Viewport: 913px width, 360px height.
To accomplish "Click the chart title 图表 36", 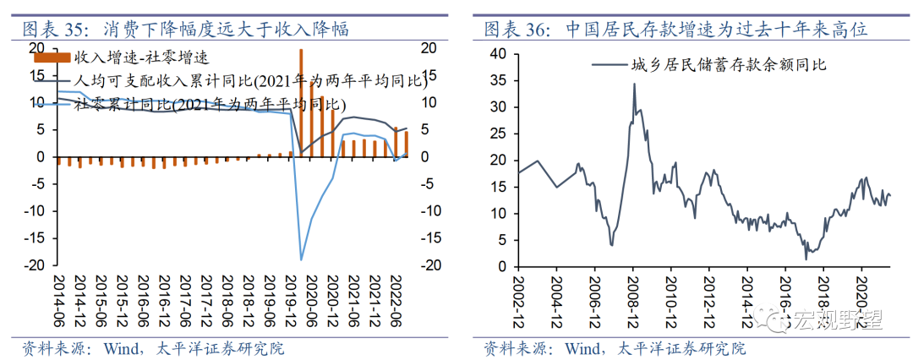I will tap(516, 30).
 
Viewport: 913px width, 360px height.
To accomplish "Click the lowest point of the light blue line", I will tap(302, 259).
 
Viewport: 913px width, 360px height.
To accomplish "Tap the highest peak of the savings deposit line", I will tap(634, 84).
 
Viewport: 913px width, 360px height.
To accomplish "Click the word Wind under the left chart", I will tap(119, 347).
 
